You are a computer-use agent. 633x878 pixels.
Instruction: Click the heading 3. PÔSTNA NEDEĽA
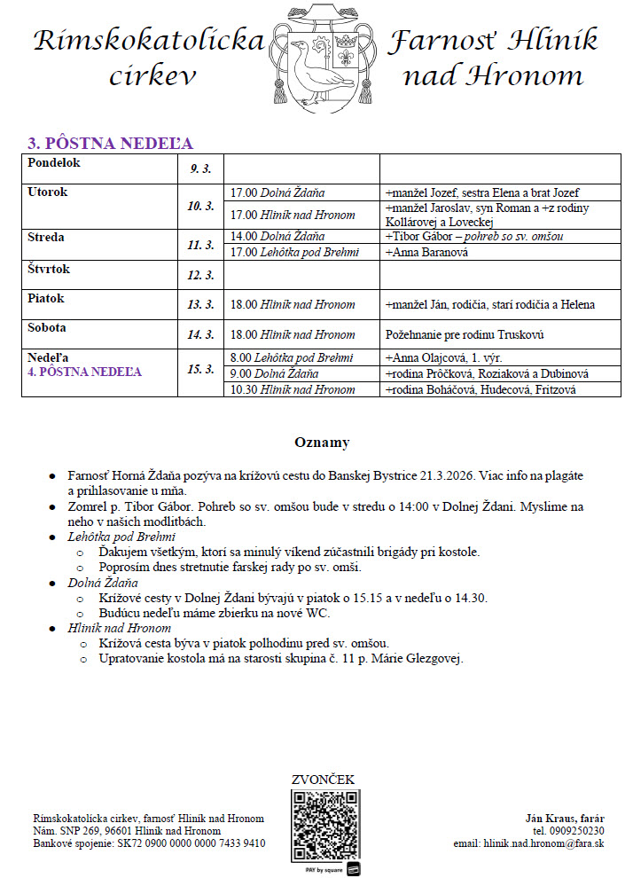click(110, 144)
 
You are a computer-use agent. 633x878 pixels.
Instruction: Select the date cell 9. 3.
click(201, 169)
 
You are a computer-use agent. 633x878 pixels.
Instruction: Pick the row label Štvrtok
click(49, 270)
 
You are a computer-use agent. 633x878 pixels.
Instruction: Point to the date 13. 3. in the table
click(201, 304)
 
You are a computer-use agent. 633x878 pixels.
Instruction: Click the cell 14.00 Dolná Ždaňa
click(277, 237)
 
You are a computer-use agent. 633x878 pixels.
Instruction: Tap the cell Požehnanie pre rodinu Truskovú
click(465, 334)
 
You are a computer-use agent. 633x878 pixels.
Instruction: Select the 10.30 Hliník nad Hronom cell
click(293, 389)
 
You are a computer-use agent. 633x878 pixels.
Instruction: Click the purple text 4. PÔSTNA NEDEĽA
click(84, 372)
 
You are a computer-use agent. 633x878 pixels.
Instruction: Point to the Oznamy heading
click(322, 442)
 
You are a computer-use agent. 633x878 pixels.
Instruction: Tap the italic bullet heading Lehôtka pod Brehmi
click(121, 537)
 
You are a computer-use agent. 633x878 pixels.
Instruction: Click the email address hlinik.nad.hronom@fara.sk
click(542, 843)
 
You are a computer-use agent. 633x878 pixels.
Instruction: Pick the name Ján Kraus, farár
click(564, 818)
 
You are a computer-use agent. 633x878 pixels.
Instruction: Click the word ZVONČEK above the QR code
click(323, 780)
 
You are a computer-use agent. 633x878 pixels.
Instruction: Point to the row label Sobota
click(47, 327)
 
